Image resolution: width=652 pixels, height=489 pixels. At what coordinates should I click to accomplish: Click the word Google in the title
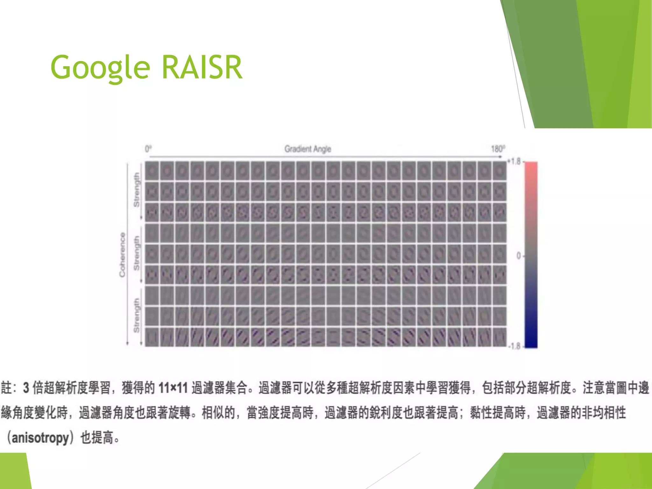click(100, 67)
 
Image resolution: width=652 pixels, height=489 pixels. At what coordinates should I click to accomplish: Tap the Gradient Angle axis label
click(308, 149)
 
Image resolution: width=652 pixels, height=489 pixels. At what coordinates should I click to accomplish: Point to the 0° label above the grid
click(148, 149)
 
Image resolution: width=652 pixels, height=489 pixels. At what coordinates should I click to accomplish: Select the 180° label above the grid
click(498, 149)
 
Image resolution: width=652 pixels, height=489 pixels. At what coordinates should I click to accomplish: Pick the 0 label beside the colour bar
click(519, 256)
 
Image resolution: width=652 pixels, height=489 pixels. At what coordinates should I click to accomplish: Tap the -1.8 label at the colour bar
click(514, 346)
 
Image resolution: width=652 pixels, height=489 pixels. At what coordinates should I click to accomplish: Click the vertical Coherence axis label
click(123, 255)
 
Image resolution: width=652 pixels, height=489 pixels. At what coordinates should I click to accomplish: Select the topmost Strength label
click(137, 190)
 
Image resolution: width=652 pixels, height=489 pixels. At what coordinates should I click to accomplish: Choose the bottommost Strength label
click(137, 315)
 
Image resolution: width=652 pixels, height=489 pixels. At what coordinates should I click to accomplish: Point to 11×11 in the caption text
click(173, 388)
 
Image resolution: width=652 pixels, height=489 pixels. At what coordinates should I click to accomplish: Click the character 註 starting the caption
click(6, 388)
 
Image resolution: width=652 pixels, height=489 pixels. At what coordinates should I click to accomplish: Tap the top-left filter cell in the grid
click(152, 171)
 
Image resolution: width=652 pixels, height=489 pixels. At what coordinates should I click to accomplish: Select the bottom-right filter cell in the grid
click(500, 337)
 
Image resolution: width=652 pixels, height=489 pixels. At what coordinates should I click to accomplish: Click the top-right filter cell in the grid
click(500, 171)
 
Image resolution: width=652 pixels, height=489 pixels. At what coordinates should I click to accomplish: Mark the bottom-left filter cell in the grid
click(152, 337)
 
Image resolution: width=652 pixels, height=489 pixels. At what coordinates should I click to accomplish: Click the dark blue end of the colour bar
click(531, 341)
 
